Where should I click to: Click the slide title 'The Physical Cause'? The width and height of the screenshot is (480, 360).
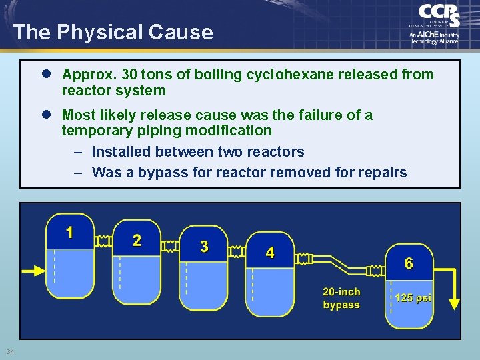point(113,32)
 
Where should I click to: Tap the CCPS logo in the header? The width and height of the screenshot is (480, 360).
point(437,23)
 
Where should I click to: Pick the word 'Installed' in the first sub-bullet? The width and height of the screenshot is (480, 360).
point(122,152)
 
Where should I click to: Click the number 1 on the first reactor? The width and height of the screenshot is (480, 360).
point(69,233)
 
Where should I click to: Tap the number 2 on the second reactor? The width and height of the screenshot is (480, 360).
point(137,241)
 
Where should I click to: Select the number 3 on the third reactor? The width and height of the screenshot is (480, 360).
point(204,247)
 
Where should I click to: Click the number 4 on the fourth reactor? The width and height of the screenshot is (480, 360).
point(269,253)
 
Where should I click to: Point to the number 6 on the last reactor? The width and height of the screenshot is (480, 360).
point(409,264)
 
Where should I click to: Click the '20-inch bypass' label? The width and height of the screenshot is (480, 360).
point(341,299)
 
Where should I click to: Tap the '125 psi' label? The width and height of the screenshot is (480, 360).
point(413,298)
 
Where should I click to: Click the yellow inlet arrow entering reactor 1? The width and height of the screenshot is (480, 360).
point(33,271)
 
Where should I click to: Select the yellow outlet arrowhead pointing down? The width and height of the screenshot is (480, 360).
point(454,303)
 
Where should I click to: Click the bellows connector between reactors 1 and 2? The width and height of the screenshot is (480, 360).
point(103,239)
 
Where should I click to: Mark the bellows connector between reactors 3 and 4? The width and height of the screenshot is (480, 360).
point(236,251)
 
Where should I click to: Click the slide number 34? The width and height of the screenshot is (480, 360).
point(9,352)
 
